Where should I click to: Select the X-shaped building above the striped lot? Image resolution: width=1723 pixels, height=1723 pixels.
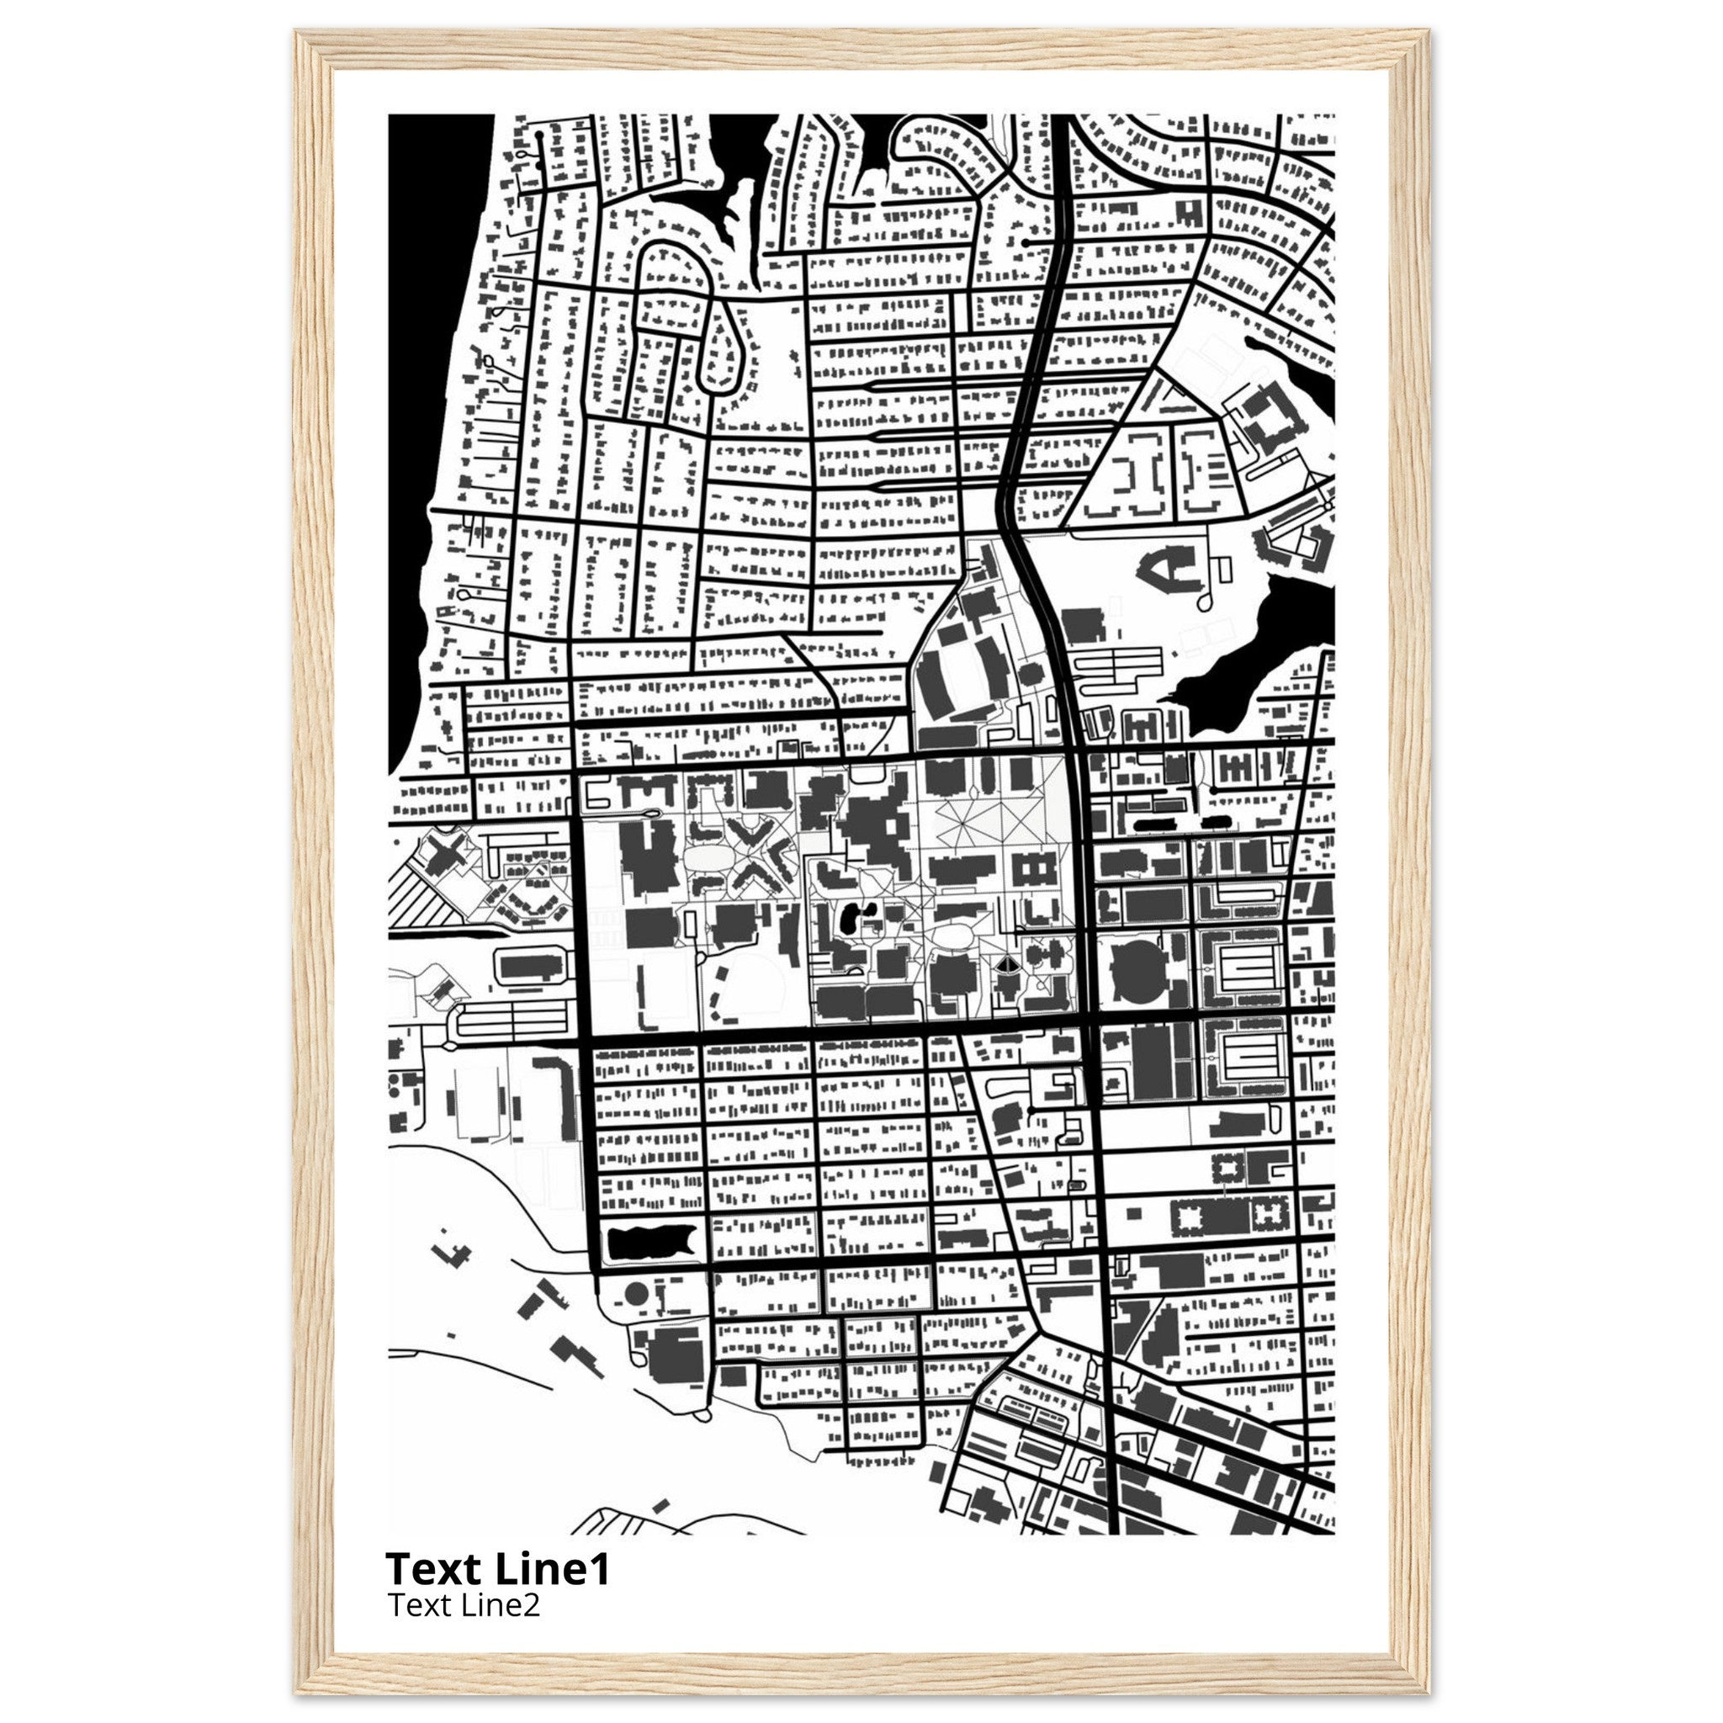pos(443,851)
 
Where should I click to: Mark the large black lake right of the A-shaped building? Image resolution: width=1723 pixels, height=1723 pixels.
pos(1266,642)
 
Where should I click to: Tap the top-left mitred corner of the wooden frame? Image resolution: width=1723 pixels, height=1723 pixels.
pos(315,49)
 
